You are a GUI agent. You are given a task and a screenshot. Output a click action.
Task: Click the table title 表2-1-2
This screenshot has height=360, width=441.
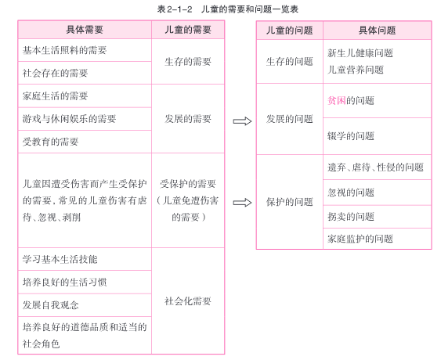tap(175, 9)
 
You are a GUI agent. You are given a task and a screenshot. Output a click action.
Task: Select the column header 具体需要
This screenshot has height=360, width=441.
tap(85, 30)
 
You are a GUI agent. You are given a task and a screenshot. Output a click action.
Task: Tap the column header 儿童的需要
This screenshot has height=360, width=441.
tap(188, 30)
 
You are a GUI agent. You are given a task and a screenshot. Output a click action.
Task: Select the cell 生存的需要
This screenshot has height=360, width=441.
tap(188, 62)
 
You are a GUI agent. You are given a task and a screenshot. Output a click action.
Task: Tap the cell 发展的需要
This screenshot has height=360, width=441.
tap(188, 119)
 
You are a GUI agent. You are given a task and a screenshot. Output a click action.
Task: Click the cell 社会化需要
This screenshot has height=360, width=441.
tap(188, 301)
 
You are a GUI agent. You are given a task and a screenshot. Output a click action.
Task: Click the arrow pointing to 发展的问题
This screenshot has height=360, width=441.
tap(242, 121)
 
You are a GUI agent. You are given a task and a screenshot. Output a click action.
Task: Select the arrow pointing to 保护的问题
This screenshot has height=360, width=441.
tap(242, 203)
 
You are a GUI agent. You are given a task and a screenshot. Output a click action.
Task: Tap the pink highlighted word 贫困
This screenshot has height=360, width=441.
tap(337, 100)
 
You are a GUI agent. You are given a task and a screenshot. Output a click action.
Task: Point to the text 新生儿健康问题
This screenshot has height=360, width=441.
tap(360, 53)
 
